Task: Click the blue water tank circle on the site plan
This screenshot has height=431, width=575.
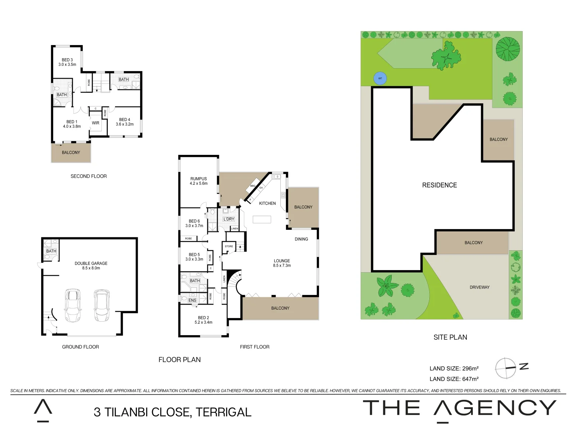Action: pos(380,78)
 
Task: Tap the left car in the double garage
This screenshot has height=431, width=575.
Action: pos(73,305)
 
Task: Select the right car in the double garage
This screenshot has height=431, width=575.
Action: pos(101,305)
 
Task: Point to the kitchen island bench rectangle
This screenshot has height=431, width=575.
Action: pos(262,219)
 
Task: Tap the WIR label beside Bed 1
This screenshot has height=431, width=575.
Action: pos(95,123)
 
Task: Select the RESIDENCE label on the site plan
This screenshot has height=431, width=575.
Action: pos(439,185)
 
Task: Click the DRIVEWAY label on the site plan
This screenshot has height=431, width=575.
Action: pos(479,287)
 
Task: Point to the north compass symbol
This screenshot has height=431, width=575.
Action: pos(506,368)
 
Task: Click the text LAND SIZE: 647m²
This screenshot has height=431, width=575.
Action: pos(454,379)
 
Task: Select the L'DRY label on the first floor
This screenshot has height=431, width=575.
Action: pos(229,219)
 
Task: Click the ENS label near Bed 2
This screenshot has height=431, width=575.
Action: pos(192,301)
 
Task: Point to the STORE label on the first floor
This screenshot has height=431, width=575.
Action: pos(229,246)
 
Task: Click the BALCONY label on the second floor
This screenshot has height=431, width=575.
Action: pos(71,152)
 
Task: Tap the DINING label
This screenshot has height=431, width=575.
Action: pos(301,239)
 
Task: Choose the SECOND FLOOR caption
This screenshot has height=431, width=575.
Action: pos(89,176)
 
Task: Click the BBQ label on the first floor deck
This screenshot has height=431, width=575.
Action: pos(253,186)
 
